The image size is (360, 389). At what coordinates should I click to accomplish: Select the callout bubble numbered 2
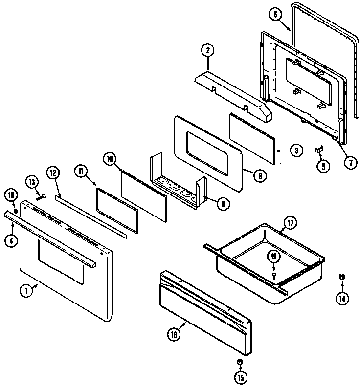[207, 49]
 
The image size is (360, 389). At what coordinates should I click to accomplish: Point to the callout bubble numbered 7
[350, 163]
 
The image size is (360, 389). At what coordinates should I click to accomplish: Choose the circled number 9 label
[222, 204]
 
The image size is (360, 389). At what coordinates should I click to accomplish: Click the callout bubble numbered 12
[53, 173]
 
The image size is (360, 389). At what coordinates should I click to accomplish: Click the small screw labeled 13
[41, 197]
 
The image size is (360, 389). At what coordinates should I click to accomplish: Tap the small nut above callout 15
[240, 362]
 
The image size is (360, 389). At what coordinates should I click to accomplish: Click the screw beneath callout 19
[274, 276]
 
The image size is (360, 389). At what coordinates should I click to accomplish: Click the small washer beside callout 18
[16, 211]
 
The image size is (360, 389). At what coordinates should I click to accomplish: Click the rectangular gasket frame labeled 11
[117, 210]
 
